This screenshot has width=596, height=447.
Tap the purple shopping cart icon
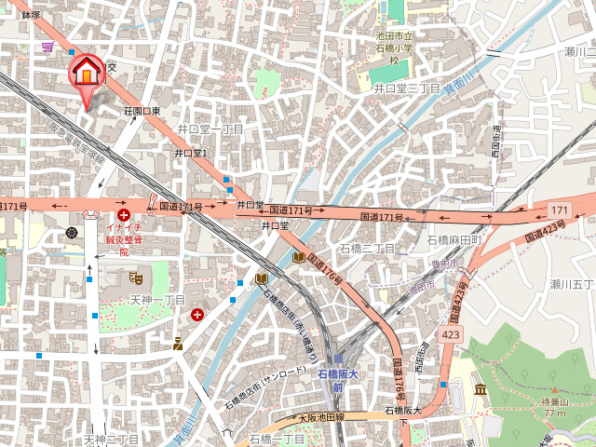click(x=47, y=46)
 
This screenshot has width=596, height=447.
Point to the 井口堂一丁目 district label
click(x=210, y=129)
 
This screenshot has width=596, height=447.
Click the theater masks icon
click(x=135, y=277)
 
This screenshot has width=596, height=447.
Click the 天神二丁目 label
click(x=112, y=439)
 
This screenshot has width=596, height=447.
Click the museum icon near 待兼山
click(x=481, y=389)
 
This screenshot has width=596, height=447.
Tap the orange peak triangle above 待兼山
click(x=555, y=391)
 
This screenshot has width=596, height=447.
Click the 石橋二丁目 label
click(x=367, y=249)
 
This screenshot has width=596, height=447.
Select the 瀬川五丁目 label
click(x=571, y=284)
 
